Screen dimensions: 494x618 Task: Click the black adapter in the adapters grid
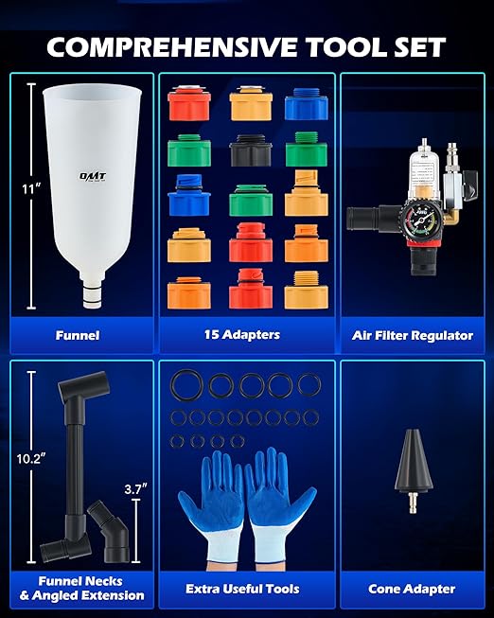point(251,150)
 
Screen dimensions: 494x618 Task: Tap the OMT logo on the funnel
point(93,176)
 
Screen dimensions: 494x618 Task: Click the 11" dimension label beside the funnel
point(31,189)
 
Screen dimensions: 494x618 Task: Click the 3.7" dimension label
point(135,489)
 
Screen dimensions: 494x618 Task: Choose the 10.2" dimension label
point(31,458)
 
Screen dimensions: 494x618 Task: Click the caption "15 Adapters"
point(242,335)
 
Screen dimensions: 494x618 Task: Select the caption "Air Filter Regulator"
point(413,335)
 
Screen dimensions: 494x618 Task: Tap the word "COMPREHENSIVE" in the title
point(172,47)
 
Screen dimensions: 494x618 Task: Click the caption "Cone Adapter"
point(412,589)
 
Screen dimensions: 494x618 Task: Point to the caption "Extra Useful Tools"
point(242,589)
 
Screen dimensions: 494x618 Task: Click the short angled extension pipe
point(109,531)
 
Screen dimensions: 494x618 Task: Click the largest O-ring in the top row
point(186,385)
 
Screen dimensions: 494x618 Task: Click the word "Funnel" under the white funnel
point(78,335)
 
